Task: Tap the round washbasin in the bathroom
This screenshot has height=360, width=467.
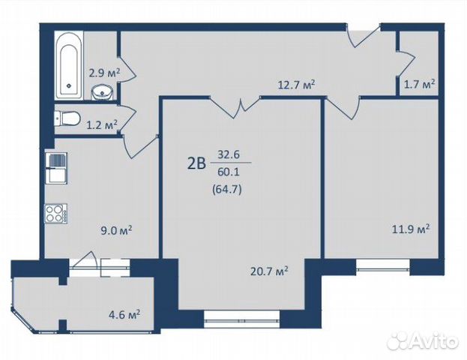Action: tap(102, 91)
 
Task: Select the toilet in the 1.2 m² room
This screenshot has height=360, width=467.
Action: tap(67, 118)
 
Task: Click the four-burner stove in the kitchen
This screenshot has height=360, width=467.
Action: tap(55, 214)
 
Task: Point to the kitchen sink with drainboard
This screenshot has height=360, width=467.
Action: tap(56, 168)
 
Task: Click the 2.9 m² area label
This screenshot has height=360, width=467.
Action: tap(104, 73)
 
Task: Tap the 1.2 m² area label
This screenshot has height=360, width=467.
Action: tap(101, 124)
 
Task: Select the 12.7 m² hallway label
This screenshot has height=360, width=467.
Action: tap(296, 85)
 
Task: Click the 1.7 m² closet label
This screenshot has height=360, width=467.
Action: tap(419, 84)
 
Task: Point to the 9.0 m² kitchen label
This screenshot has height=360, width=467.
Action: tap(116, 230)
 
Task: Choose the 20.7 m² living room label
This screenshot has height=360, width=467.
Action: tap(269, 271)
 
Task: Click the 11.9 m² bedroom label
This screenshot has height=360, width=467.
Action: tap(411, 229)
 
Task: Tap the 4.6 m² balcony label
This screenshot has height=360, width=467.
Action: tap(124, 315)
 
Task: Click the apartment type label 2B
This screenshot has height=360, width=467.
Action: tap(196, 163)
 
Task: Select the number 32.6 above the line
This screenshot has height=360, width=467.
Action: tap(229, 154)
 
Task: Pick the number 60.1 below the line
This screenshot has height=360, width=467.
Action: tap(229, 172)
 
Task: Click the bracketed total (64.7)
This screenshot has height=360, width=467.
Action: tap(226, 190)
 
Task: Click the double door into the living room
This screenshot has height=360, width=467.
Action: tap(236, 106)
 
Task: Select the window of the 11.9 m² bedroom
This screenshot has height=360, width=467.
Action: tap(383, 265)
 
